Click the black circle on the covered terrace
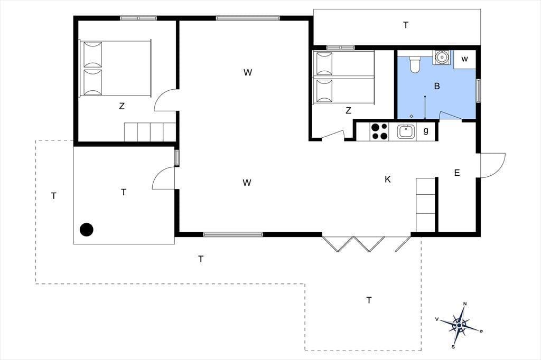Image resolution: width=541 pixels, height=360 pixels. [87, 230]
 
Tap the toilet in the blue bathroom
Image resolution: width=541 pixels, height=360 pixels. [415, 65]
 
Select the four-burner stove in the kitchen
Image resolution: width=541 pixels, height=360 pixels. [379, 132]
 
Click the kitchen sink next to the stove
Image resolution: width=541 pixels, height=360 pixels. [406, 132]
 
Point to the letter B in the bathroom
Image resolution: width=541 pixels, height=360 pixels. [437, 86]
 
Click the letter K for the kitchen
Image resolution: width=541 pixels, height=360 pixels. [387, 179]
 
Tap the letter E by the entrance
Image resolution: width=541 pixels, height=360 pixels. [457, 173]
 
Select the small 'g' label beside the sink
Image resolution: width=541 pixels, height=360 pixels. [426, 130]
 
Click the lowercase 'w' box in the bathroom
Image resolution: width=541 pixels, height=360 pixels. [464, 59]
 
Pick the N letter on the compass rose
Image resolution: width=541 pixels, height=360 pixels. [465, 304]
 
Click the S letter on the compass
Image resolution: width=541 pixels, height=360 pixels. [453, 347]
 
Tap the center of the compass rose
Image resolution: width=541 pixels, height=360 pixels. [459, 325]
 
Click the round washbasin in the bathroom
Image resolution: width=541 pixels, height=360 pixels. [441, 57]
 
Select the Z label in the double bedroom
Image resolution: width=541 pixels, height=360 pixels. [122, 106]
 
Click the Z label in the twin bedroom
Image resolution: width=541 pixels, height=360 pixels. [348, 110]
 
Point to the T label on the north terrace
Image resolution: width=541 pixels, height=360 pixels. [406, 25]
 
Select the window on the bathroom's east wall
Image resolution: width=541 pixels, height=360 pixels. [479, 91]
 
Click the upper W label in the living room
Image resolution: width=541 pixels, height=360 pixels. [248, 72]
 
